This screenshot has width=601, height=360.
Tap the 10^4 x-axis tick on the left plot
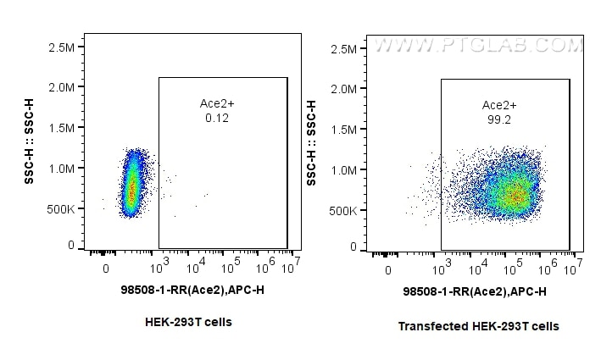195,268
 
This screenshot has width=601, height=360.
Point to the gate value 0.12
217,118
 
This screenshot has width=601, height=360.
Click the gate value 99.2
498,119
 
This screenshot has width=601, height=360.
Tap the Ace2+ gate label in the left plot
217,103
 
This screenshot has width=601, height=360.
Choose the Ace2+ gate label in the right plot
499,105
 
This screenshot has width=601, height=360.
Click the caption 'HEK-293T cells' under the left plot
188,322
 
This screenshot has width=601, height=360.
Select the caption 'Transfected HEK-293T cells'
479,326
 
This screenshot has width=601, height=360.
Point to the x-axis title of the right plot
474,292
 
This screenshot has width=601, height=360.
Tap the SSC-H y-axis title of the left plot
31,141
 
